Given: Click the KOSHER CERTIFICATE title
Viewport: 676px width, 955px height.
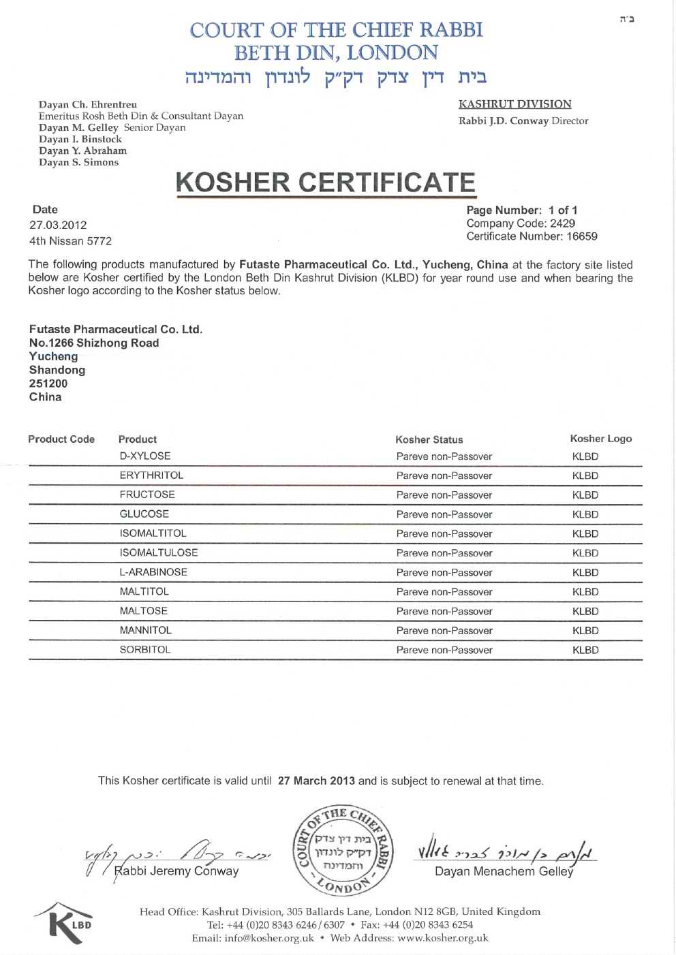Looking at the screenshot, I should point(325,183).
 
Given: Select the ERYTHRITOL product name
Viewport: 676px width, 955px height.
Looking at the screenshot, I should point(151,475).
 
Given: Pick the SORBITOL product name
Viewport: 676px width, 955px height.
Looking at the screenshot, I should point(145,650).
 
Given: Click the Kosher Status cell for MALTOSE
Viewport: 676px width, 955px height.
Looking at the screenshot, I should point(444,612).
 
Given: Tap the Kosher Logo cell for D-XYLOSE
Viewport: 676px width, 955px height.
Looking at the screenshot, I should point(585,456).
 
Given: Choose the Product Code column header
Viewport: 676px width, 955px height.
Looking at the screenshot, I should point(61,439).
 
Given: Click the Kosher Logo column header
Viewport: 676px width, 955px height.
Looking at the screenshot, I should point(601,439).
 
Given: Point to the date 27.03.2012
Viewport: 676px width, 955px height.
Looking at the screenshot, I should point(58,225).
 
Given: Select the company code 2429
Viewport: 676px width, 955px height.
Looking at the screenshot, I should point(562,223).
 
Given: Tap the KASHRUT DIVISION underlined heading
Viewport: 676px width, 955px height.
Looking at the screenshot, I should point(515,104).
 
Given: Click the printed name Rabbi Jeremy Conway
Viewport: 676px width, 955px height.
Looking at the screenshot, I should point(176,871).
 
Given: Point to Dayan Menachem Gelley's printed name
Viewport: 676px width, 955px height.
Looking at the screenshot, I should point(504,871).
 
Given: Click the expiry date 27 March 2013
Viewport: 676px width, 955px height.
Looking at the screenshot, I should point(316,781).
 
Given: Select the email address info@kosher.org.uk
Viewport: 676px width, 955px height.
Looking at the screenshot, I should point(269,938).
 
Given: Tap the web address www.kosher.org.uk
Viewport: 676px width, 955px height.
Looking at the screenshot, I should point(443,938).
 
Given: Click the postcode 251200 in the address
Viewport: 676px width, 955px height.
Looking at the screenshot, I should point(48,383).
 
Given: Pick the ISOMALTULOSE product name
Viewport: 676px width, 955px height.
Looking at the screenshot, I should point(159,553).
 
